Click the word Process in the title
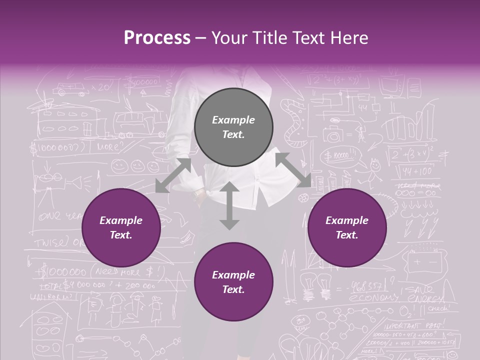tap(157, 38)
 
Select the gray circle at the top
tap(233, 127)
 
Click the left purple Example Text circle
tap(121, 227)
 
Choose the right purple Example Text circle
tap(347, 227)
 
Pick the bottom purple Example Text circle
tap(233, 282)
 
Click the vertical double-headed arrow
tap(229, 205)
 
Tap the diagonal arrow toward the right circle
tap(293, 170)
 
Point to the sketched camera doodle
tap(332, 135)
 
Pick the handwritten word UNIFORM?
tap(50, 296)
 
